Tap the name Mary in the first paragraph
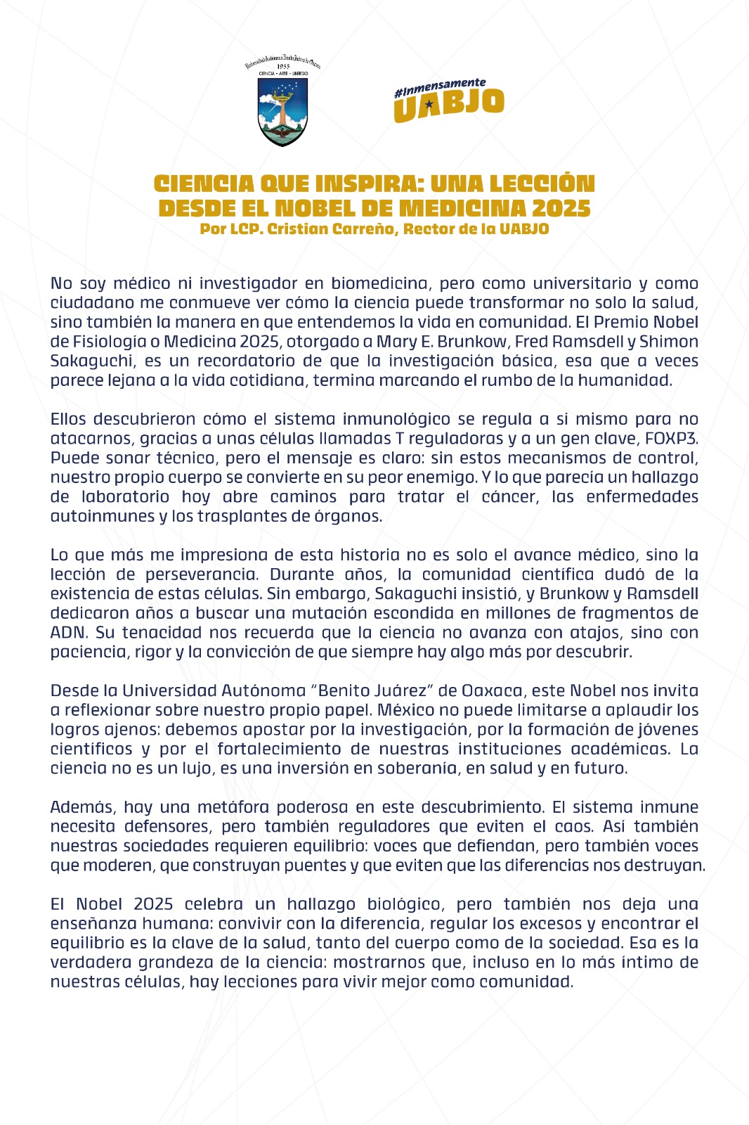(x=396, y=342)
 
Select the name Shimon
(x=669, y=342)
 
